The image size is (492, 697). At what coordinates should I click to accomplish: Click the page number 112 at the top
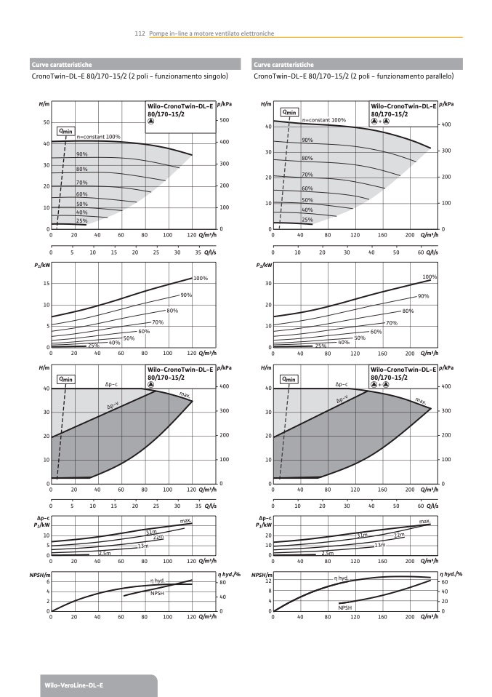(141, 33)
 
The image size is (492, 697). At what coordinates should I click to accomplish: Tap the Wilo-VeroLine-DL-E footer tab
(64, 685)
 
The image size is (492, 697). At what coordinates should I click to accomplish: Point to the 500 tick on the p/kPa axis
(225, 120)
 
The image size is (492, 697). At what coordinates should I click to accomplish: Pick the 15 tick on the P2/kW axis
(45, 283)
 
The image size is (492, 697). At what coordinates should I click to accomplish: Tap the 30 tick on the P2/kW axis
(267, 283)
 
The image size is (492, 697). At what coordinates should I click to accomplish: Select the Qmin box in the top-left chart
(66, 131)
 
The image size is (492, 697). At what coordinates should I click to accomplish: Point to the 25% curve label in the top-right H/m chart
(307, 219)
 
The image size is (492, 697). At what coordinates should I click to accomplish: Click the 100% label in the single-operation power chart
(201, 278)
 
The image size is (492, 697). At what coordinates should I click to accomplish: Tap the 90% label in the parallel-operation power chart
(424, 296)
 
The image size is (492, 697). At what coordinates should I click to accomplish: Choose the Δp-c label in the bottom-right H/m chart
(342, 383)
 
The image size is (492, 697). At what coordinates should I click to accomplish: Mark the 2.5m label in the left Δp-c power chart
(105, 553)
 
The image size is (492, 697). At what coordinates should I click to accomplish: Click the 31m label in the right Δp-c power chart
(361, 535)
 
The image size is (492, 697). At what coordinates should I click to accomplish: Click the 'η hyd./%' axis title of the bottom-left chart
(230, 575)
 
